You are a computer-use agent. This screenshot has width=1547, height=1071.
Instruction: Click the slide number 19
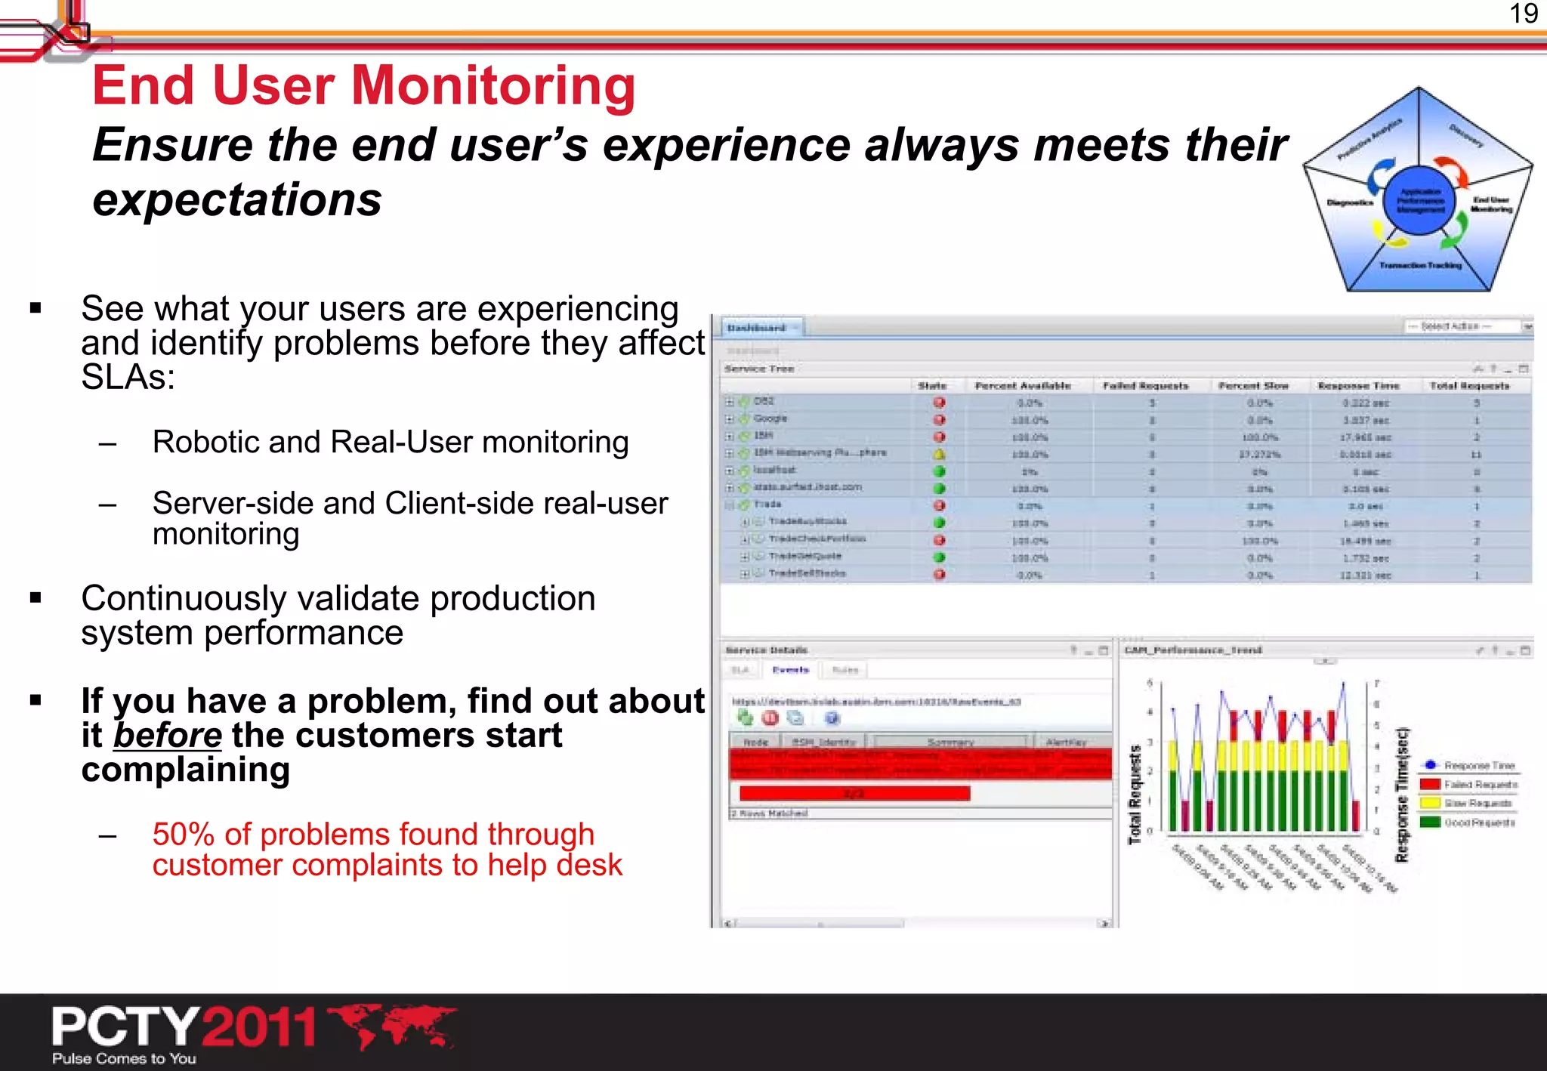pos(1523,14)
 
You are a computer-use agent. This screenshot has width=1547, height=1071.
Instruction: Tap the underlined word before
pos(168,735)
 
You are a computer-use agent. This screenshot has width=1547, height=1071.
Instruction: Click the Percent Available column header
pos(1022,385)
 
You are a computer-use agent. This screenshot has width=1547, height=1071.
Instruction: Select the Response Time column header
pos(1358,385)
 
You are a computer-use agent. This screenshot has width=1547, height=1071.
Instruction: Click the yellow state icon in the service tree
pos(939,454)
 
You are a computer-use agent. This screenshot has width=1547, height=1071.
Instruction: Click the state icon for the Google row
pos(939,419)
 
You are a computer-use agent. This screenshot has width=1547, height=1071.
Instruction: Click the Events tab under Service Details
pos(790,670)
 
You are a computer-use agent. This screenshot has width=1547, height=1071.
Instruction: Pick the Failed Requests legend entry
pos(1479,785)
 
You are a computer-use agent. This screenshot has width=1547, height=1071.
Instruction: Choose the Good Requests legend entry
pos(1478,823)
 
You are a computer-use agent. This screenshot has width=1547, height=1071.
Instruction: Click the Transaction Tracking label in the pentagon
pos(1420,265)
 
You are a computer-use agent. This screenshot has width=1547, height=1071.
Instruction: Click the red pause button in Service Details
pos(770,718)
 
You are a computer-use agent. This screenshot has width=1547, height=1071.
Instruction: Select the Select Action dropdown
pos(1462,326)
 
